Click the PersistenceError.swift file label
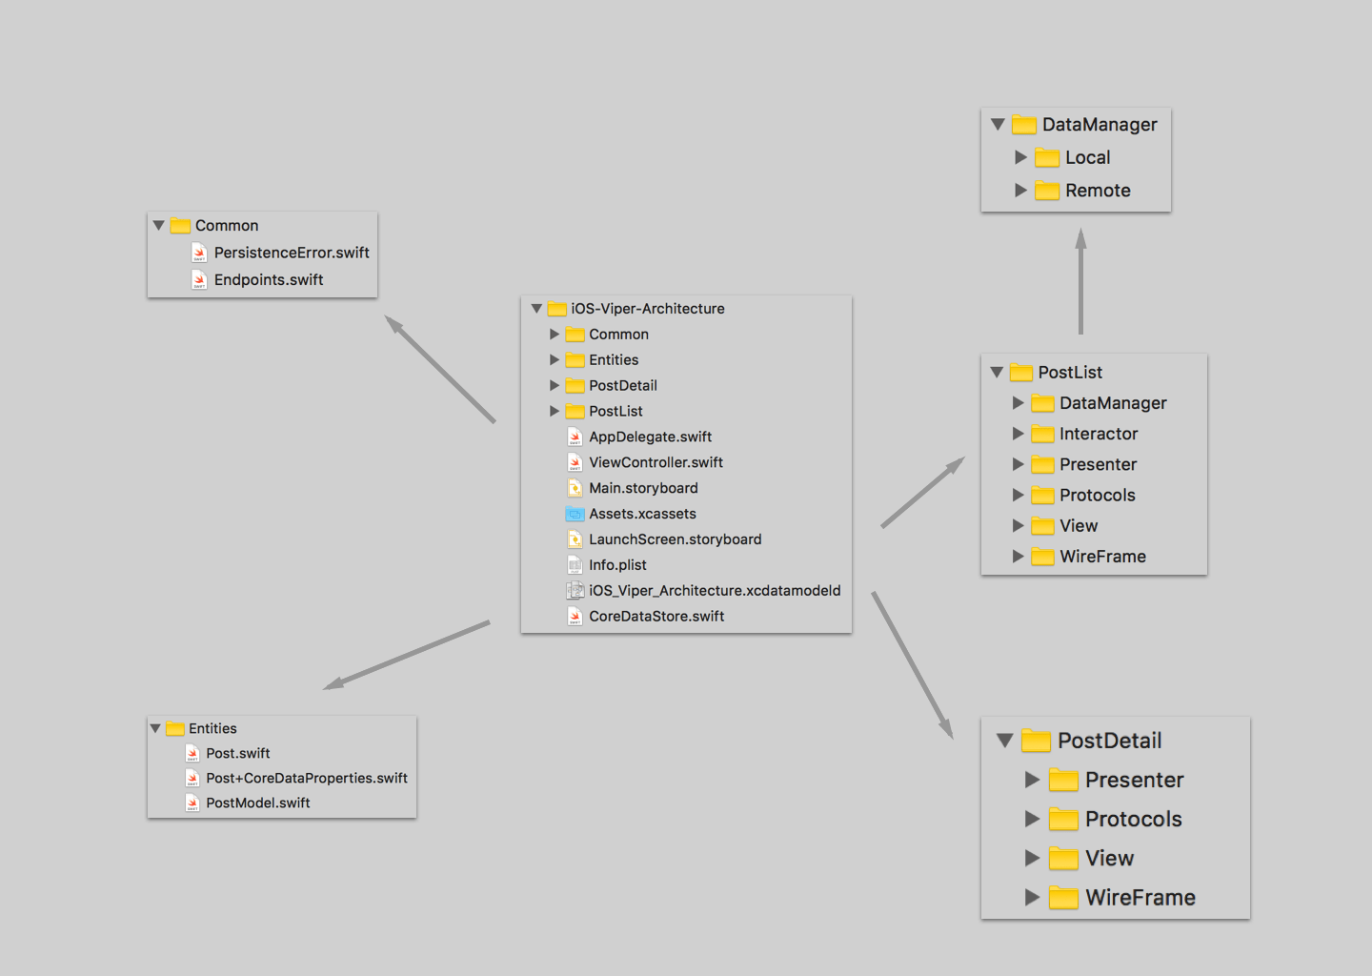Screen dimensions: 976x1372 pos(291,253)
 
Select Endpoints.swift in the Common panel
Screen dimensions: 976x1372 pos(268,279)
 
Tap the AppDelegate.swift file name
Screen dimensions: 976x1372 pos(650,437)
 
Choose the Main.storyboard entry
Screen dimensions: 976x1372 pos(643,488)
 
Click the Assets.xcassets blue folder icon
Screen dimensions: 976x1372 pos(575,514)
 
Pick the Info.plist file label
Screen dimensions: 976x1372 pos(617,565)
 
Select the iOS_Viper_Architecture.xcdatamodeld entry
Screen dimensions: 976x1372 pos(714,591)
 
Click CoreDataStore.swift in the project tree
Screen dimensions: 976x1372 pos(656,617)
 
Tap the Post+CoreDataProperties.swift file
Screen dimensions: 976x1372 pos(306,778)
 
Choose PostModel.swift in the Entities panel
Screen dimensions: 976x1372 pos(257,803)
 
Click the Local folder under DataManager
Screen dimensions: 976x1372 pos(1087,157)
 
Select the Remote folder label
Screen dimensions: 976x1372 pos(1098,191)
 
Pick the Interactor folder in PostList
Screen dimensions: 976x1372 pos(1098,434)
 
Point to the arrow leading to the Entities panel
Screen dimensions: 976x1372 pos(407,655)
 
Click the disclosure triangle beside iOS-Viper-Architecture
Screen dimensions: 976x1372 pos(536,309)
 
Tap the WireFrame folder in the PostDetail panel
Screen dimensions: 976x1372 pos(1140,897)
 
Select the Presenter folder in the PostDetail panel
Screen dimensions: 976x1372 pos(1134,780)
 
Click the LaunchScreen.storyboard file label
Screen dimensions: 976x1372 pos(675,539)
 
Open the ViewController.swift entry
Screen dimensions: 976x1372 pos(656,462)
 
